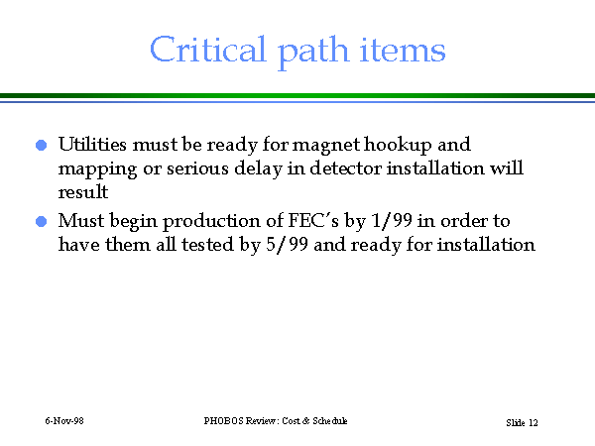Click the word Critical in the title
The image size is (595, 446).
207,50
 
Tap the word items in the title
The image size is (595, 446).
403,50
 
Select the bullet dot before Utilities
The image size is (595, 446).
41,145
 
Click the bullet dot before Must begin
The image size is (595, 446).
41,221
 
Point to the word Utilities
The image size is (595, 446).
92,144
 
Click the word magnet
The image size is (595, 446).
326,145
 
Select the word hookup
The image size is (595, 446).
398,146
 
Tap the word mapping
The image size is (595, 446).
97,169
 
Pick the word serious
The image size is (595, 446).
197,168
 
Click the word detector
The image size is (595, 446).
345,168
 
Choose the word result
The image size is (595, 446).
83,191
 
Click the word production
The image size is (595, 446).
211,221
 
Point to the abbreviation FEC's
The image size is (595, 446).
313,220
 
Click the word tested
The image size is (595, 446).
207,244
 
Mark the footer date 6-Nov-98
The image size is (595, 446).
64,421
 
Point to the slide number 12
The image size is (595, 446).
534,423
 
